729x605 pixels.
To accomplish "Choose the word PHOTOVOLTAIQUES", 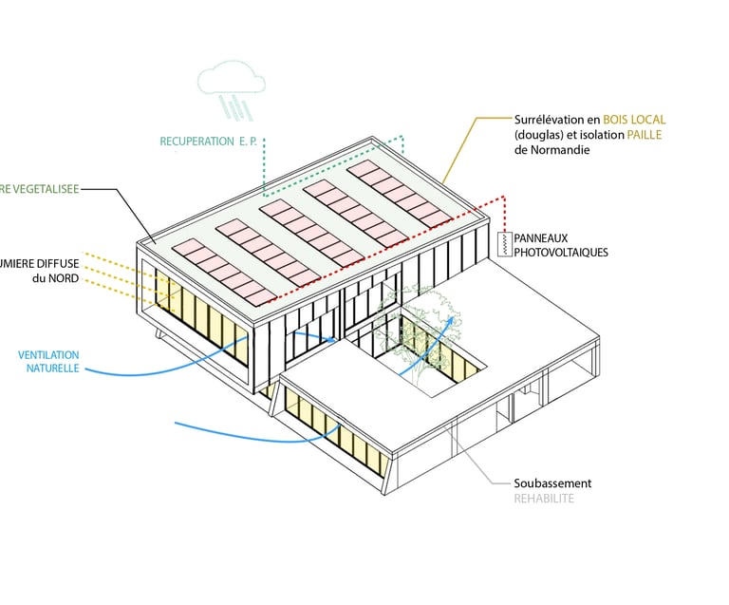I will coord(561,253).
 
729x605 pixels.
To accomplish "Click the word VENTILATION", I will coord(48,355).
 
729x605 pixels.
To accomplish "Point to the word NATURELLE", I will coord(53,368).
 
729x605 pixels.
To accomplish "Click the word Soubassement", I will coord(551,483).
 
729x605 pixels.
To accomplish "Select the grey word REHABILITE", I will coord(544,499).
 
